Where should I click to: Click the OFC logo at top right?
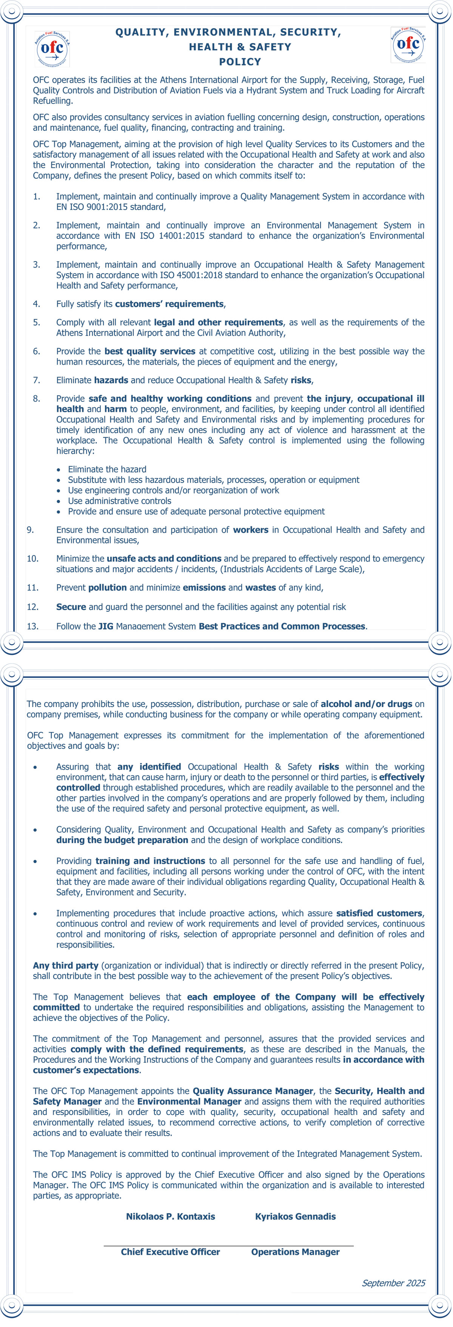(x=408, y=45)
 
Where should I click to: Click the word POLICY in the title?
(x=240, y=62)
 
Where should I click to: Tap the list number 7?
(x=37, y=380)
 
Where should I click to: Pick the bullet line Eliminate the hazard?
(x=107, y=469)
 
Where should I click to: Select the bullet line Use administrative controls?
(x=119, y=501)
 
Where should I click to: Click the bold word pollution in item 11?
(x=108, y=588)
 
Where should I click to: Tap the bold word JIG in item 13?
(x=106, y=626)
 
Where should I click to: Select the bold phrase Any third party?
(x=65, y=965)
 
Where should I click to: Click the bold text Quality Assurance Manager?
(x=253, y=1091)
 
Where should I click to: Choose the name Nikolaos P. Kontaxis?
(x=170, y=1217)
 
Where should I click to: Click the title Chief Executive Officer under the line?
(x=170, y=1252)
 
